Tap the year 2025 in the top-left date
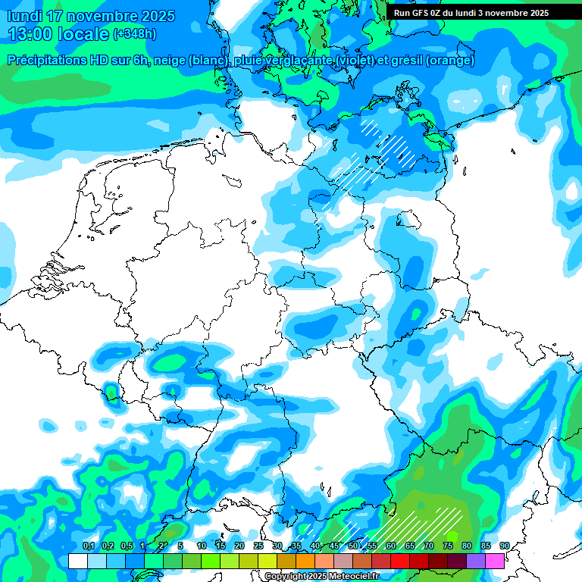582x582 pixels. click(155, 16)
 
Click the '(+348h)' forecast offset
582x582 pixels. click(134, 34)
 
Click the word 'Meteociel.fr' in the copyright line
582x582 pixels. click(353, 577)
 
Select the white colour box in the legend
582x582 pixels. click(78, 562)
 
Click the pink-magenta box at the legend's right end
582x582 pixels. click(495, 562)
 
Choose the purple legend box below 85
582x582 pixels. click(476, 562)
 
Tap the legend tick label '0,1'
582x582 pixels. click(89, 546)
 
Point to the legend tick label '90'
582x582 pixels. click(505, 546)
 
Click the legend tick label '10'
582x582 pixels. click(202, 546)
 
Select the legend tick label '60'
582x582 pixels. click(391, 546)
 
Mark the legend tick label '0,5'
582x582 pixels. click(126, 546)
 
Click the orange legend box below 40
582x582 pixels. click(305, 562)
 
